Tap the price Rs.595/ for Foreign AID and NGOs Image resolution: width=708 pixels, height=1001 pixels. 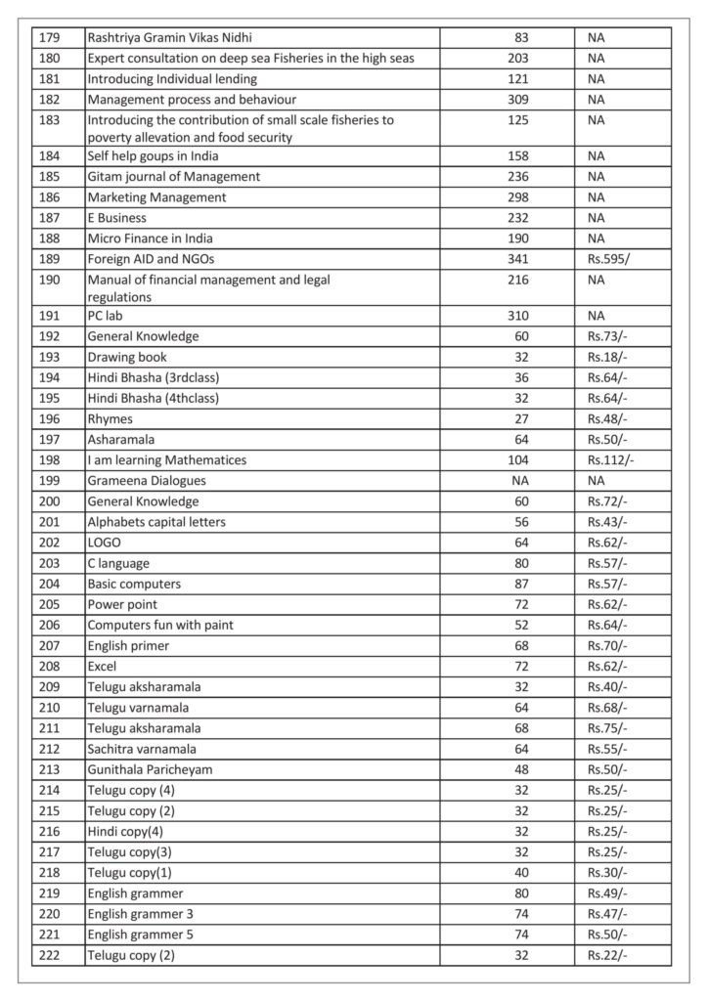pyautogui.click(x=607, y=259)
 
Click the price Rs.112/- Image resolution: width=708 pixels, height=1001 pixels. pyautogui.click(x=611, y=459)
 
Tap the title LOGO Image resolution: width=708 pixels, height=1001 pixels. pyautogui.click(x=105, y=543)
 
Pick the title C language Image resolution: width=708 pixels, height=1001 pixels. pyautogui.click(x=121, y=563)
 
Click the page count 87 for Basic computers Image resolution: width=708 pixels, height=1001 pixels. pyautogui.click(x=521, y=584)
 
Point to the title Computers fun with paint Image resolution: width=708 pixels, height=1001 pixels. pyautogui.click(x=160, y=625)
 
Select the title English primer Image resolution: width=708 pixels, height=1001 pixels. pyautogui.click(x=127, y=645)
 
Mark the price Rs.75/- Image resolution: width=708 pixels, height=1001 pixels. pyautogui.click(x=607, y=727)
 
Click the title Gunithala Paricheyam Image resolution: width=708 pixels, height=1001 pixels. pyautogui.click(x=150, y=769)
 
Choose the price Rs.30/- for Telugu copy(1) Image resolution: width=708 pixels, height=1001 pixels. pyautogui.click(x=607, y=872)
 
